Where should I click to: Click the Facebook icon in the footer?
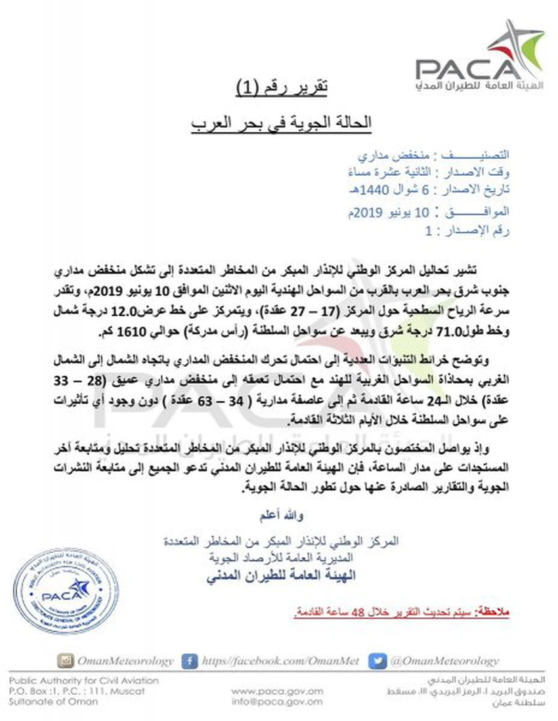pyautogui.click(x=190, y=661)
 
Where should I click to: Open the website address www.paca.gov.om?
pyautogui.click(x=277, y=691)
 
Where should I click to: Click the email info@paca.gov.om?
pyautogui.click(x=277, y=702)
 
